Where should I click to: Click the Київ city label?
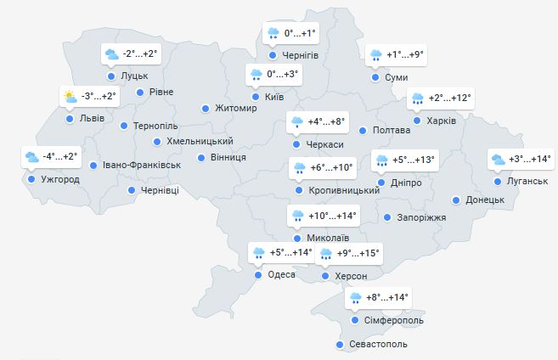pyautogui.click(x=274, y=98)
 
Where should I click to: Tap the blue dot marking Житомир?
pyautogui.click(x=206, y=108)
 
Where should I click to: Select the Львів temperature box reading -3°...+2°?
pyautogui.click(x=99, y=96)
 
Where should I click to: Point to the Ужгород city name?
pyautogui.click(x=60, y=180)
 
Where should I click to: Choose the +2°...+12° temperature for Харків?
pyautogui.click(x=450, y=98)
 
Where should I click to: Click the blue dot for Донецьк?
pyautogui.click(x=456, y=200)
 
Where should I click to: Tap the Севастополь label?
pyautogui.click(x=379, y=345)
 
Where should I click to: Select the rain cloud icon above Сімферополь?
pyautogui.click(x=354, y=298)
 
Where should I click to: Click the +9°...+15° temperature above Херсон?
pyautogui.click(x=358, y=253)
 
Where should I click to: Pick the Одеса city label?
pyautogui.click(x=281, y=274)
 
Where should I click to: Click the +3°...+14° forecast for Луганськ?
pyautogui.click(x=532, y=159)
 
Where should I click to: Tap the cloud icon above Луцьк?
pyautogui.click(x=110, y=54)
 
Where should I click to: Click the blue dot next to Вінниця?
pyautogui.click(x=201, y=158)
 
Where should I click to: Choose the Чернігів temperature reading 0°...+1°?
pyautogui.click(x=300, y=34)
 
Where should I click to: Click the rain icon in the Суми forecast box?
pyautogui.click(x=375, y=56)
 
